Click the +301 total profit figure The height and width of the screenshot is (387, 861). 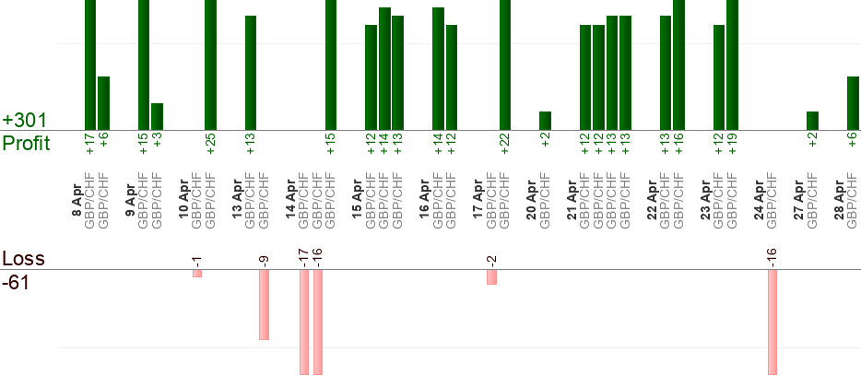click(25, 121)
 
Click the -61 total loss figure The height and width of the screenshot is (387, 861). click(18, 282)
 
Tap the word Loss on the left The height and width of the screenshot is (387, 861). click(24, 259)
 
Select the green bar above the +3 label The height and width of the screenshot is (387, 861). click(157, 116)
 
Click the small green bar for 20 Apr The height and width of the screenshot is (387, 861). click(545, 121)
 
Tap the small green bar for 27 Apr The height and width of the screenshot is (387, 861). click(812, 121)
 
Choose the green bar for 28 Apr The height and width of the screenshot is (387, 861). click(853, 103)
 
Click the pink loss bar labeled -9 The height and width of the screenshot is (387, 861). click(264, 305)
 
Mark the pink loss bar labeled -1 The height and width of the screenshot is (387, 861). click(197, 274)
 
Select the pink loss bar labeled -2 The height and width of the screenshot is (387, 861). click(491, 277)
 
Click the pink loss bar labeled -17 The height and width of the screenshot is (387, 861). click(304, 322)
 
